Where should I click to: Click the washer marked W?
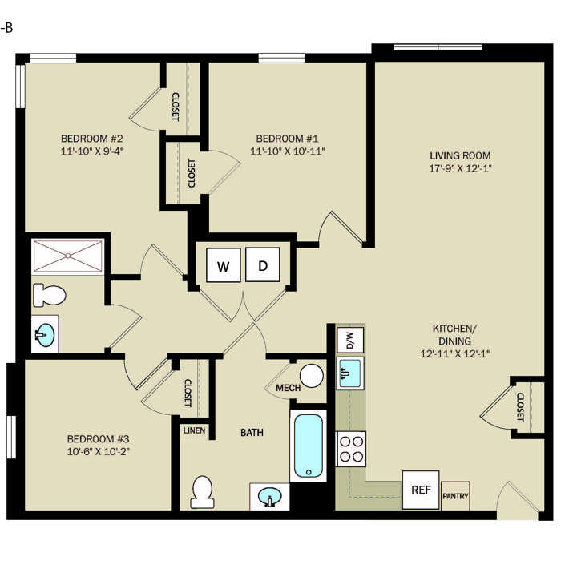pyautogui.click(x=224, y=265)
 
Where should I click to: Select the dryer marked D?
pyautogui.click(x=263, y=264)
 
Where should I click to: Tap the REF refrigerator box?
pyautogui.click(x=421, y=490)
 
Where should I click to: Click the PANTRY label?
pyautogui.click(x=455, y=496)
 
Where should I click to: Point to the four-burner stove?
pyautogui.click(x=351, y=449)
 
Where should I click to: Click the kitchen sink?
pyautogui.click(x=350, y=373)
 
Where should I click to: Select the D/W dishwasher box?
pyautogui.click(x=350, y=340)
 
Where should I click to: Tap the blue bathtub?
pyautogui.click(x=308, y=446)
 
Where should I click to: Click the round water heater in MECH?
pyautogui.click(x=311, y=376)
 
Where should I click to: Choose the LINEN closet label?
pyautogui.click(x=194, y=430)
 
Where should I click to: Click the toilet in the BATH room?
pyautogui.click(x=203, y=492)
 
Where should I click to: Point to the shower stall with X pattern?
pyautogui.click(x=67, y=256)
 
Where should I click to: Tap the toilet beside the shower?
pyautogui.click(x=50, y=295)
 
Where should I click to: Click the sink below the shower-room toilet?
pyautogui.click(x=46, y=334)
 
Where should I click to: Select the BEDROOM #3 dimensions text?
pyautogui.click(x=98, y=451)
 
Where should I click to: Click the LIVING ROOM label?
pyautogui.click(x=460, y=155)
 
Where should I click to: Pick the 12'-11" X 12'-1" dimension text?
pyautogui.click(x=454, y=353)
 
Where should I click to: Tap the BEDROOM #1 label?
pyautogui.click(x=287, y=139)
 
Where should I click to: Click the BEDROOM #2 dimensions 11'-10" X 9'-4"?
pyautogui.click(x=92, y=151)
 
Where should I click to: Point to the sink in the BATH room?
pyautogui.click(x=270, y=496)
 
